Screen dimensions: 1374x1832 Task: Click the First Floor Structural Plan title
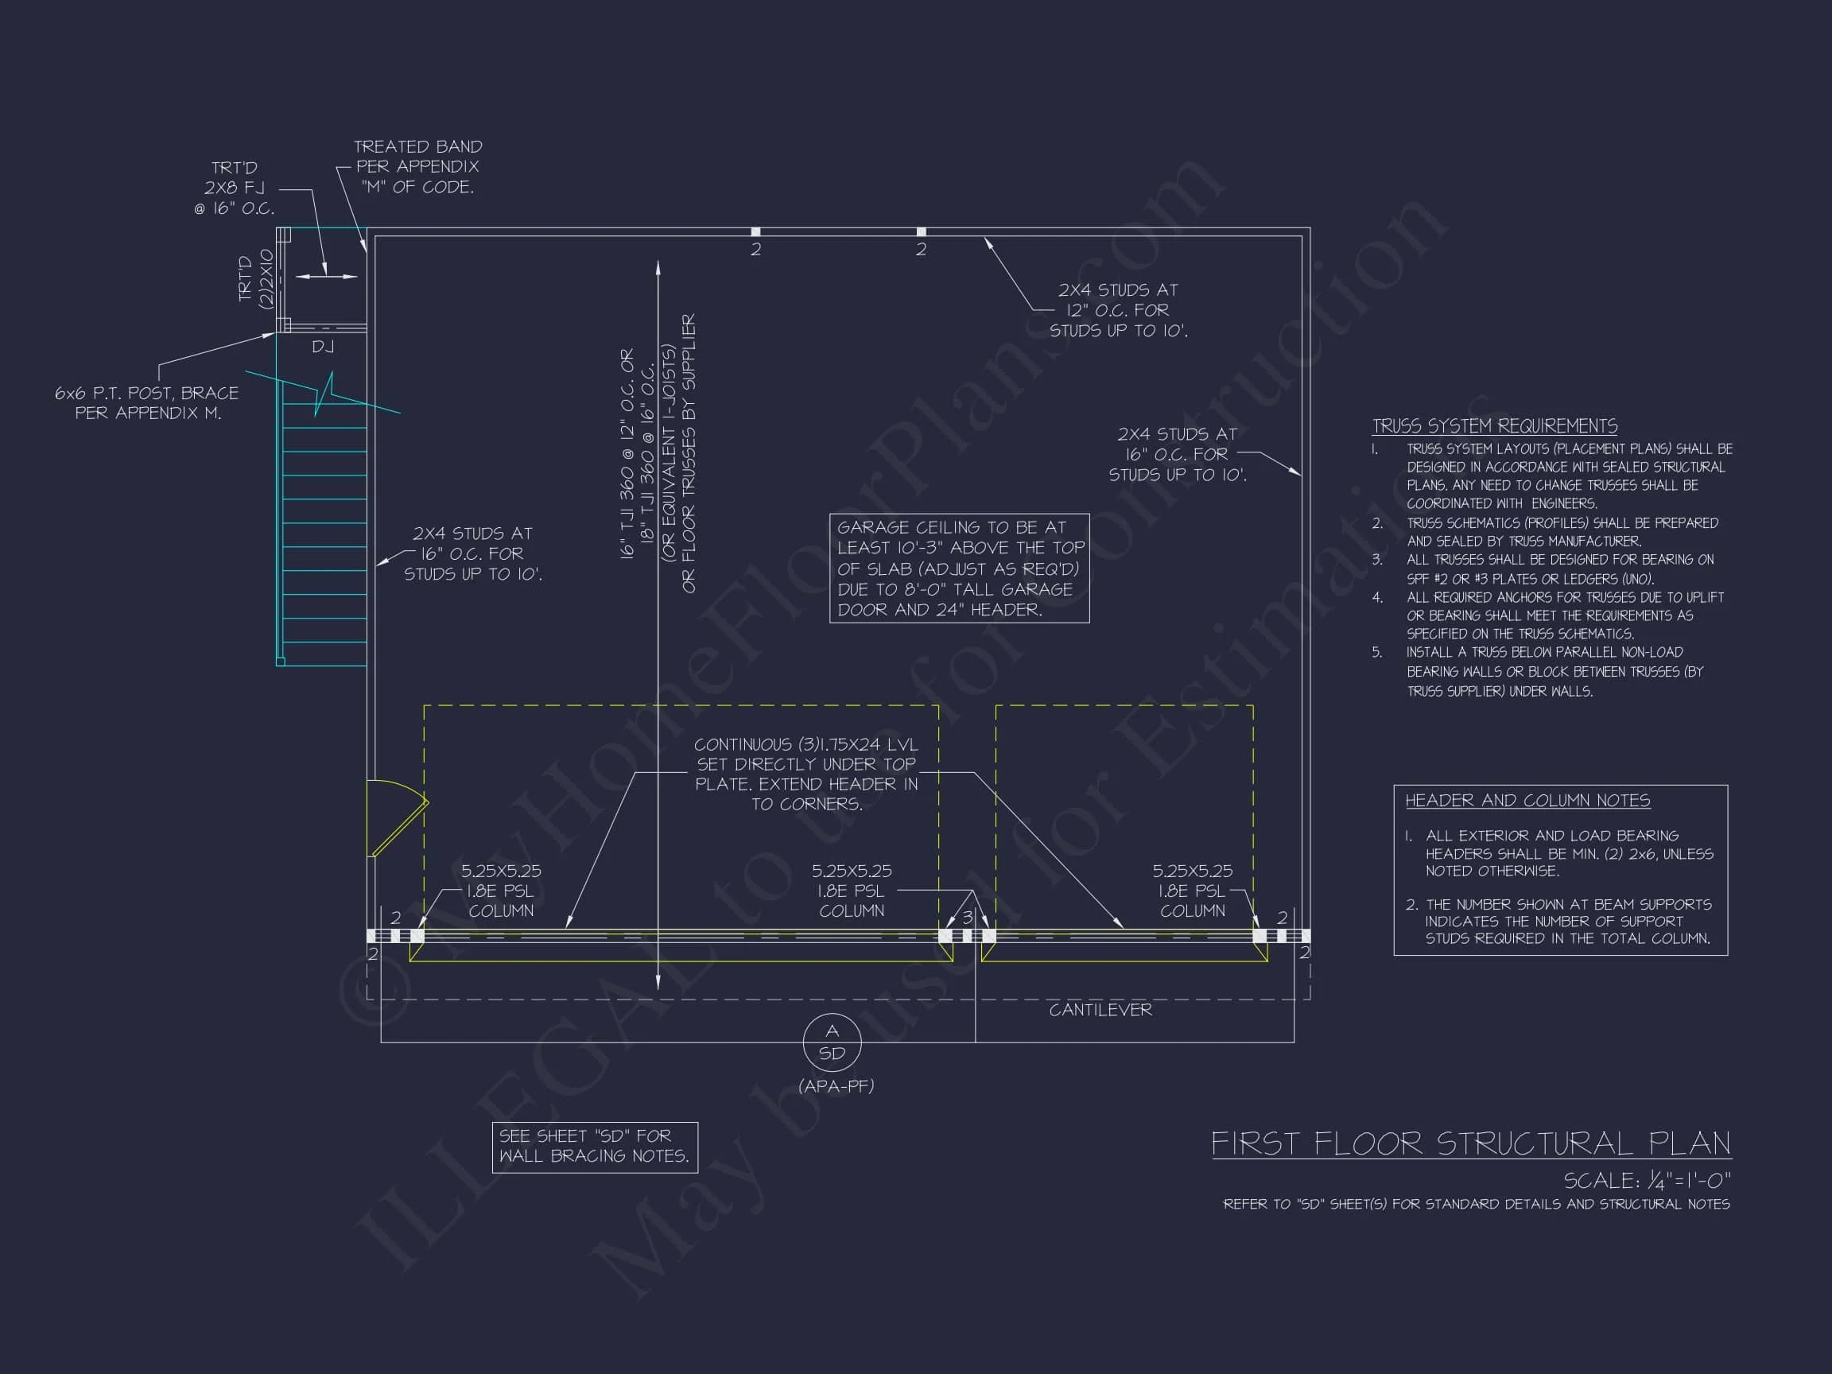1471,1143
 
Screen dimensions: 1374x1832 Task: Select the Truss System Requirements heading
1494,425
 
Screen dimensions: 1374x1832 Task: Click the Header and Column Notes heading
1527,800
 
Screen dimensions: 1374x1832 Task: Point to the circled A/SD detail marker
832,1042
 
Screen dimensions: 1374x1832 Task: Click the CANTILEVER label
1100,1010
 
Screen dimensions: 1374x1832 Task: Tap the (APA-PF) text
836,1086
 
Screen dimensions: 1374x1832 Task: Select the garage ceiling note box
959,569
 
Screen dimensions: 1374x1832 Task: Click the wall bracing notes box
595,1147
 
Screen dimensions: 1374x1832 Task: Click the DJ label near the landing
323,347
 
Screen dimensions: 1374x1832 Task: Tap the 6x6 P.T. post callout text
146,402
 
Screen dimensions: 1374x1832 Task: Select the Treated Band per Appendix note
417,166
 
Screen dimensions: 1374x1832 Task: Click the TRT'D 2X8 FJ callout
235,188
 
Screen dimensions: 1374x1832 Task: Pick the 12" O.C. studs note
1118,310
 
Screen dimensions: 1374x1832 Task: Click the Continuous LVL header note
805,774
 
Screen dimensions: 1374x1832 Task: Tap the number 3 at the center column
967,918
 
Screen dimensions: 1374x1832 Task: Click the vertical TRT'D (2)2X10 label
255,278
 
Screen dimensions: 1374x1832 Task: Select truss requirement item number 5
1552,672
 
